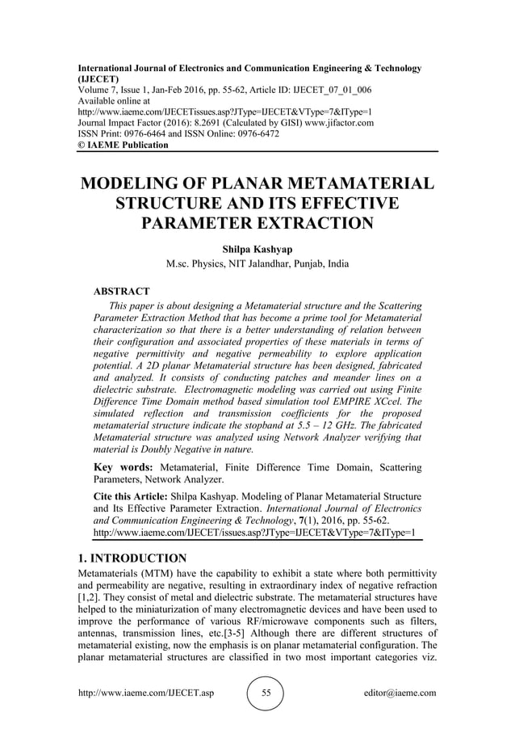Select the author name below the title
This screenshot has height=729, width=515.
257,249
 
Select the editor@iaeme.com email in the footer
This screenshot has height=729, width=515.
399,693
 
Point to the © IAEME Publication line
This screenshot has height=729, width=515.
124,145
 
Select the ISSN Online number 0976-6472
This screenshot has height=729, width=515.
252,134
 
